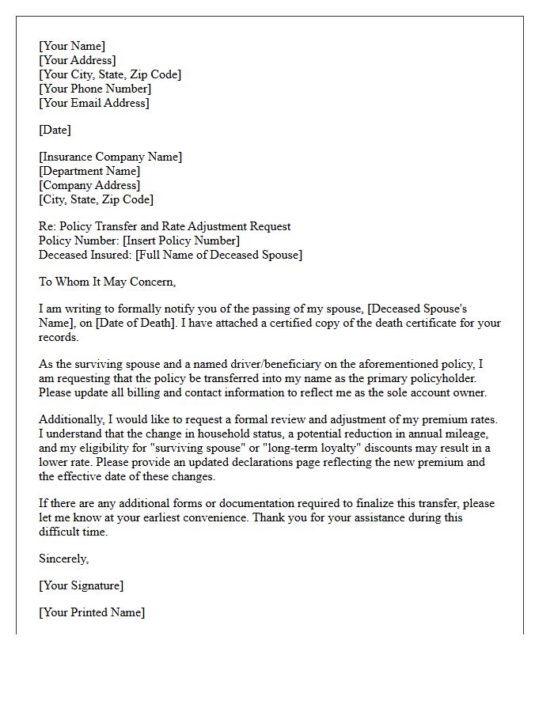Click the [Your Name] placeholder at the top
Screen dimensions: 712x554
point(72,46)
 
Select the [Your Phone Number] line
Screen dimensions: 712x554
point(95,89)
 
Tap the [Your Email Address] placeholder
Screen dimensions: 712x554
point(94,103)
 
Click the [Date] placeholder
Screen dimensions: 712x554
point(55,130)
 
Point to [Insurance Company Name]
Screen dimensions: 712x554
point(110,157)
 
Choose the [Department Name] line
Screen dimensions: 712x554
point(89,171)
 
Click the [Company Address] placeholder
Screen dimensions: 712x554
point(89,185)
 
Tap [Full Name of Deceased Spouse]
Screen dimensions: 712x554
point(218,255)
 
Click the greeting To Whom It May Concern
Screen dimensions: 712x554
point(107,282)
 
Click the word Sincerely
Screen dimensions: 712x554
point(63,559)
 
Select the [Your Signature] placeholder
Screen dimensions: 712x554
point(81,585)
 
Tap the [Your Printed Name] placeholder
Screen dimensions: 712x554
point(92,612)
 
